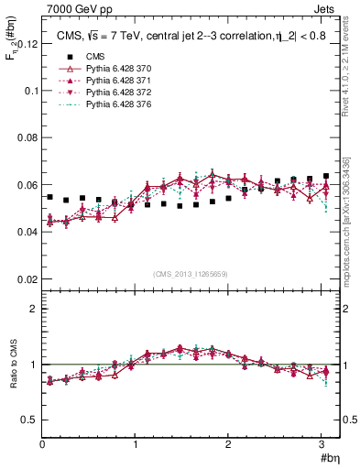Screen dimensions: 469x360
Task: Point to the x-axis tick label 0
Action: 42,444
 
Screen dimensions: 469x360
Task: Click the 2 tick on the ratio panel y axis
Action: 33,309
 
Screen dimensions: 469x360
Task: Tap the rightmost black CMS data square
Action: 326,176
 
